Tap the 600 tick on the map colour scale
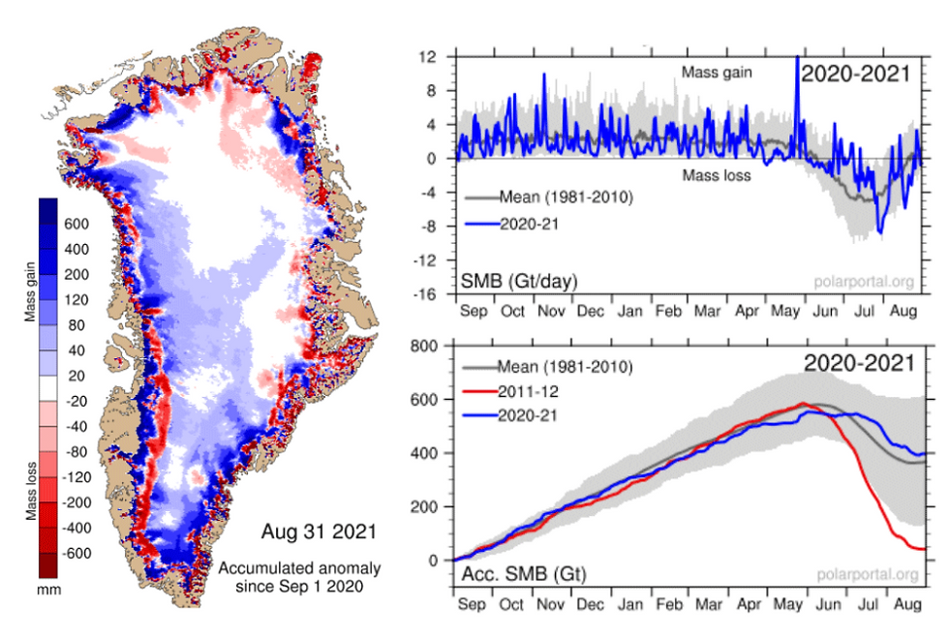pyautogui.click(x=78, y=224)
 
